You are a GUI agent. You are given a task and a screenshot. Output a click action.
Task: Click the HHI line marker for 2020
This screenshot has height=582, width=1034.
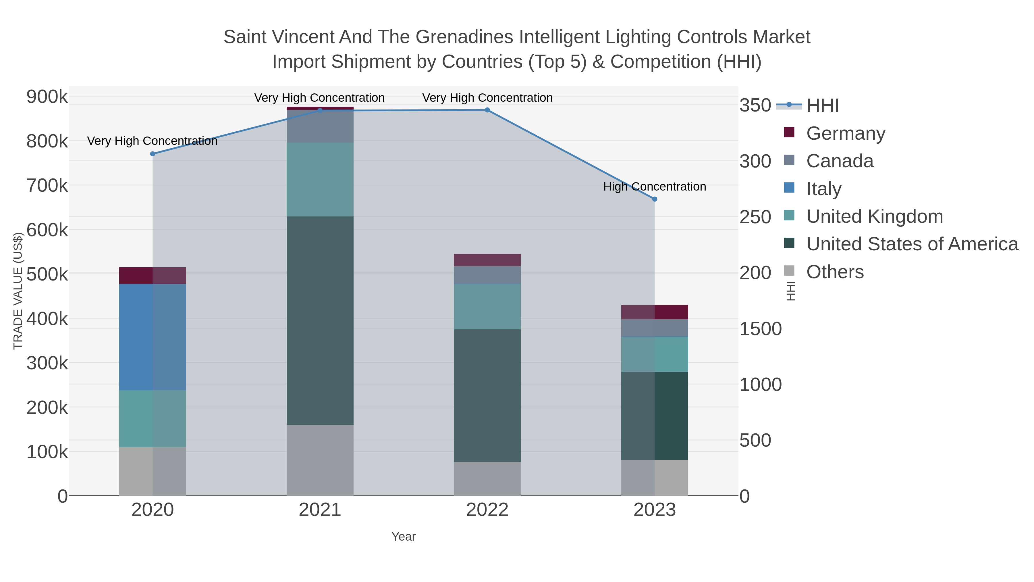(x=153, y=154)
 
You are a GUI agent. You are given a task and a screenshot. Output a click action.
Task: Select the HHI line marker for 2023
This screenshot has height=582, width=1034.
(x=654, y=199)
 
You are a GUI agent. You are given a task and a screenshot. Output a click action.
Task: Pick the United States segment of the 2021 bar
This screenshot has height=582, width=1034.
(x=320, y=320)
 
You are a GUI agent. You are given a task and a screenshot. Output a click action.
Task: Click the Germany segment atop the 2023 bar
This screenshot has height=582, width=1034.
(x=654, y=312)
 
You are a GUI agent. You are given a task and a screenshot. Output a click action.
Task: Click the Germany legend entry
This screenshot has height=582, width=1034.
(x=845, y=133)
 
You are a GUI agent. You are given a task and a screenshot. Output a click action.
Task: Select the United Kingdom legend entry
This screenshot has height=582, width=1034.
(x=874, y=216)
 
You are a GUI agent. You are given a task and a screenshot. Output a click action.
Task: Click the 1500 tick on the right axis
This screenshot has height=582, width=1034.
(x=760, y=329)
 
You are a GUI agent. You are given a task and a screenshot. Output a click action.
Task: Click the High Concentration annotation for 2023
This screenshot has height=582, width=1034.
(x=654, y=187)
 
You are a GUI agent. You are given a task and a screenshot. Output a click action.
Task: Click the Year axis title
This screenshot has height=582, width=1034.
(x=404, y=537)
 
